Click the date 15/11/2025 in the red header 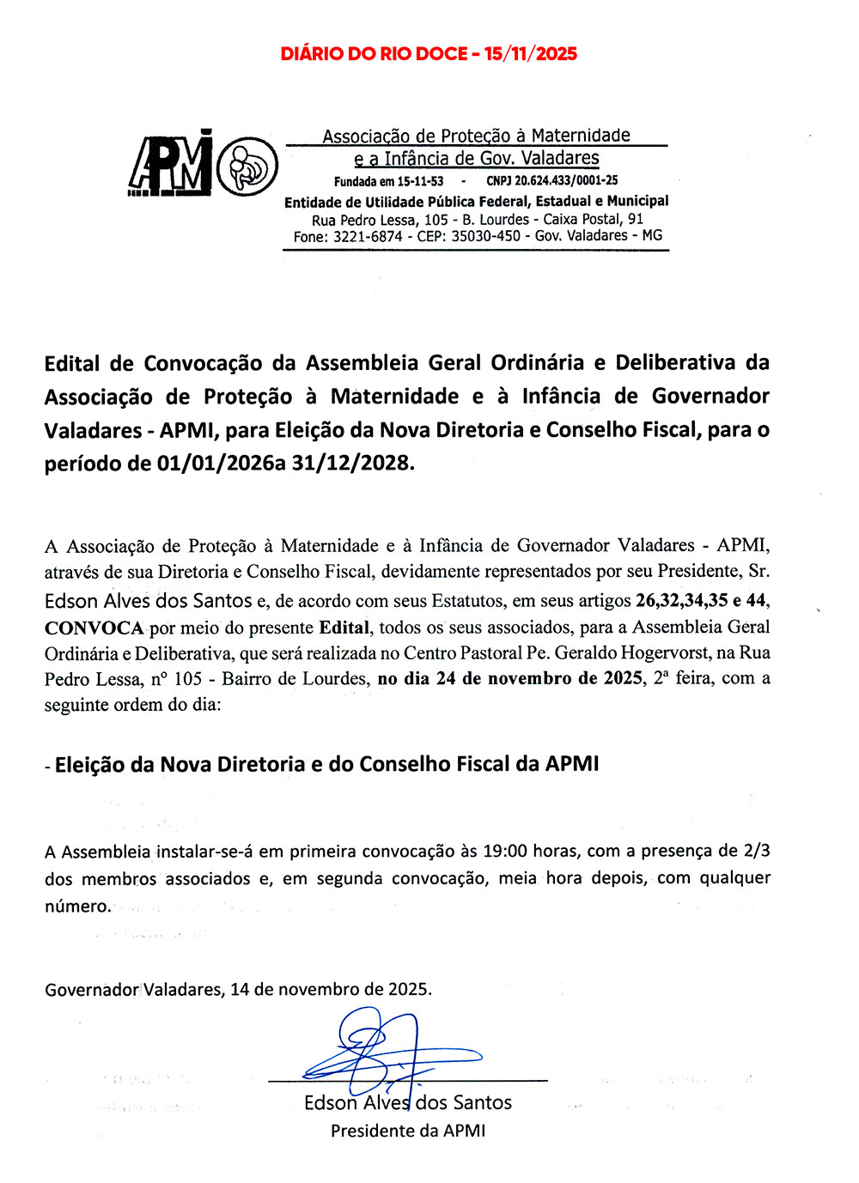point(530,54)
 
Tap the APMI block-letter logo point(170,163)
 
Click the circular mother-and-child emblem point(247,165)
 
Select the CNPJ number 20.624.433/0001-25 point(566,180)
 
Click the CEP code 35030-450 point(485,236)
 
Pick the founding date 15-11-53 point(420,181)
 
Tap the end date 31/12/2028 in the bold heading point(352,464)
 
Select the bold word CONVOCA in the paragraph point(94,628)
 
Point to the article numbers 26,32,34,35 point(682,600)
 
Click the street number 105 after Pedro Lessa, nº point(188,679)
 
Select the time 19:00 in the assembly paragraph point(505,852)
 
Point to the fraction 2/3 point(755,851)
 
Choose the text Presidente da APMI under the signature point(408,1131)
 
